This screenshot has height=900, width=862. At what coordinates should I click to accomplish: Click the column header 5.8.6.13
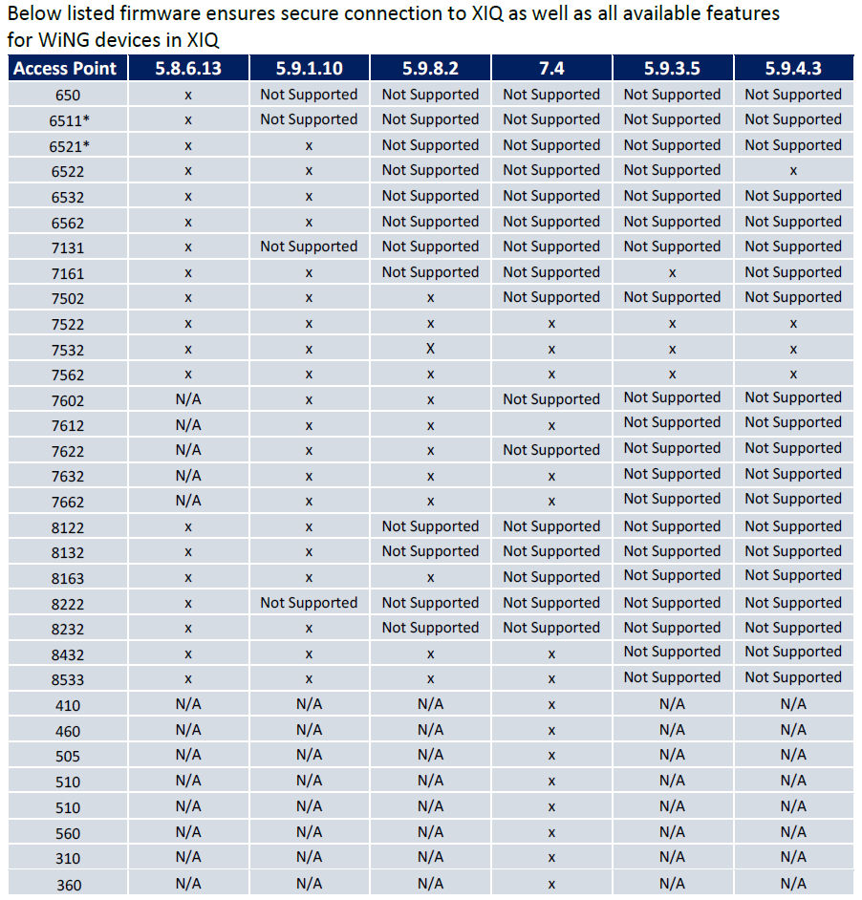(188, 68)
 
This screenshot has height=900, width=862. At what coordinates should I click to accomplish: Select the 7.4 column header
(551, 68)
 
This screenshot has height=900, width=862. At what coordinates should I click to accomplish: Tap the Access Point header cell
(66, 68)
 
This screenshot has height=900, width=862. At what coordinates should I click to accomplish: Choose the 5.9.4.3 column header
(793, 68)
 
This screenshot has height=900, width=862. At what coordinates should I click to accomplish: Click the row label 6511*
(68, 120)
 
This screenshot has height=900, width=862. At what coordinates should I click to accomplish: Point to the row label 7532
(68, 350)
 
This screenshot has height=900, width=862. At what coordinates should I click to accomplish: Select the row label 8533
(68, 680)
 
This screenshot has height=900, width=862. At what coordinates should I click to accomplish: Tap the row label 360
(68, 885)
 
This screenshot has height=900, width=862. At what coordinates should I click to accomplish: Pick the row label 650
(68, 96)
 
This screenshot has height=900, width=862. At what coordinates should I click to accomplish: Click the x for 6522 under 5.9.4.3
(793, 171)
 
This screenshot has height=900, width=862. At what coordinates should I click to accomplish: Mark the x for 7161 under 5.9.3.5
(673, 273)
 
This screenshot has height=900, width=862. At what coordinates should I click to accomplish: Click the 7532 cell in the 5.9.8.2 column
(430, 349)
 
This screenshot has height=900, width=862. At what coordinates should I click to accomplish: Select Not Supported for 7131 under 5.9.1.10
(309, 246)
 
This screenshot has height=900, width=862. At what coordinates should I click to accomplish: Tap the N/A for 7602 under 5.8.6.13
(188, 398)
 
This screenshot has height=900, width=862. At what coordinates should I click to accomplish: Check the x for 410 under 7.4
(551, 705)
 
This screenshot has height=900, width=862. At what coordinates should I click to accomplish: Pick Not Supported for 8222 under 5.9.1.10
(309, 603)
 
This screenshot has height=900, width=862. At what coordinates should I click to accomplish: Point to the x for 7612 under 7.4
(551, 425)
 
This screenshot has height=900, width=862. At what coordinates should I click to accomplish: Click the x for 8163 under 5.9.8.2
(430, 578)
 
